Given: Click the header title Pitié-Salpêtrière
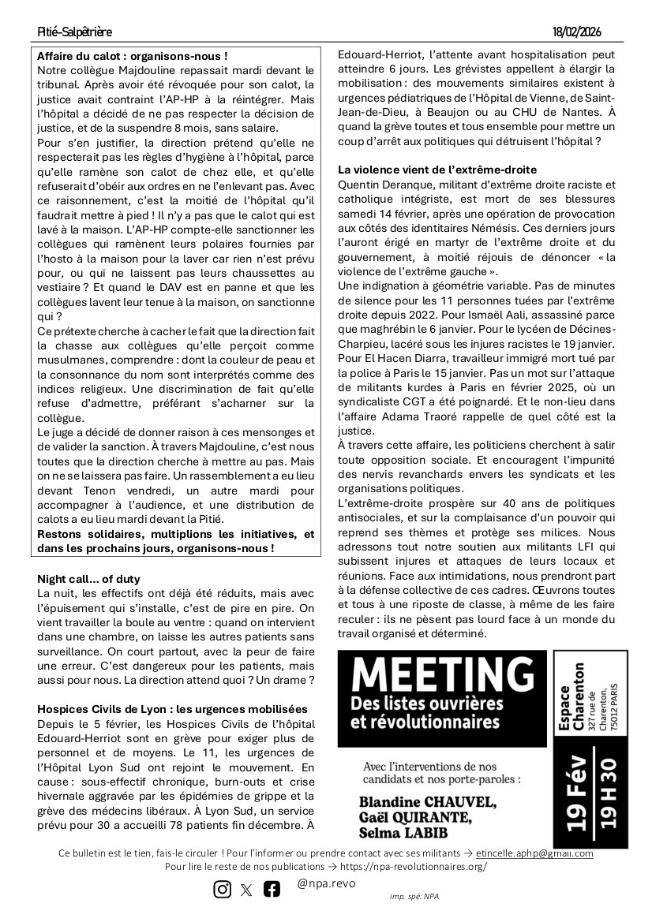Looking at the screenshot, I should pos(75,32).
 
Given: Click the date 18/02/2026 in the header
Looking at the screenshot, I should pos(578,32).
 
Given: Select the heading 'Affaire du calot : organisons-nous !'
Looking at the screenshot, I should pos(133,57).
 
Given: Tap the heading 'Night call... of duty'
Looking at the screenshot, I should pos(88,579).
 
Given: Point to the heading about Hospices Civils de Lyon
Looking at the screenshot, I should pos(173,710).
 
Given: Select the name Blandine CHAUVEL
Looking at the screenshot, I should pos(428,803).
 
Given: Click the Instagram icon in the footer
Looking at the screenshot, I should pos(223,889).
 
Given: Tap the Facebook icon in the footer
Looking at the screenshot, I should pos(272,889).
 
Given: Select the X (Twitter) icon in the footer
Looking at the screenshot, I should pos(247,890).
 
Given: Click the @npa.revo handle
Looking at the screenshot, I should pos(326,883).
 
